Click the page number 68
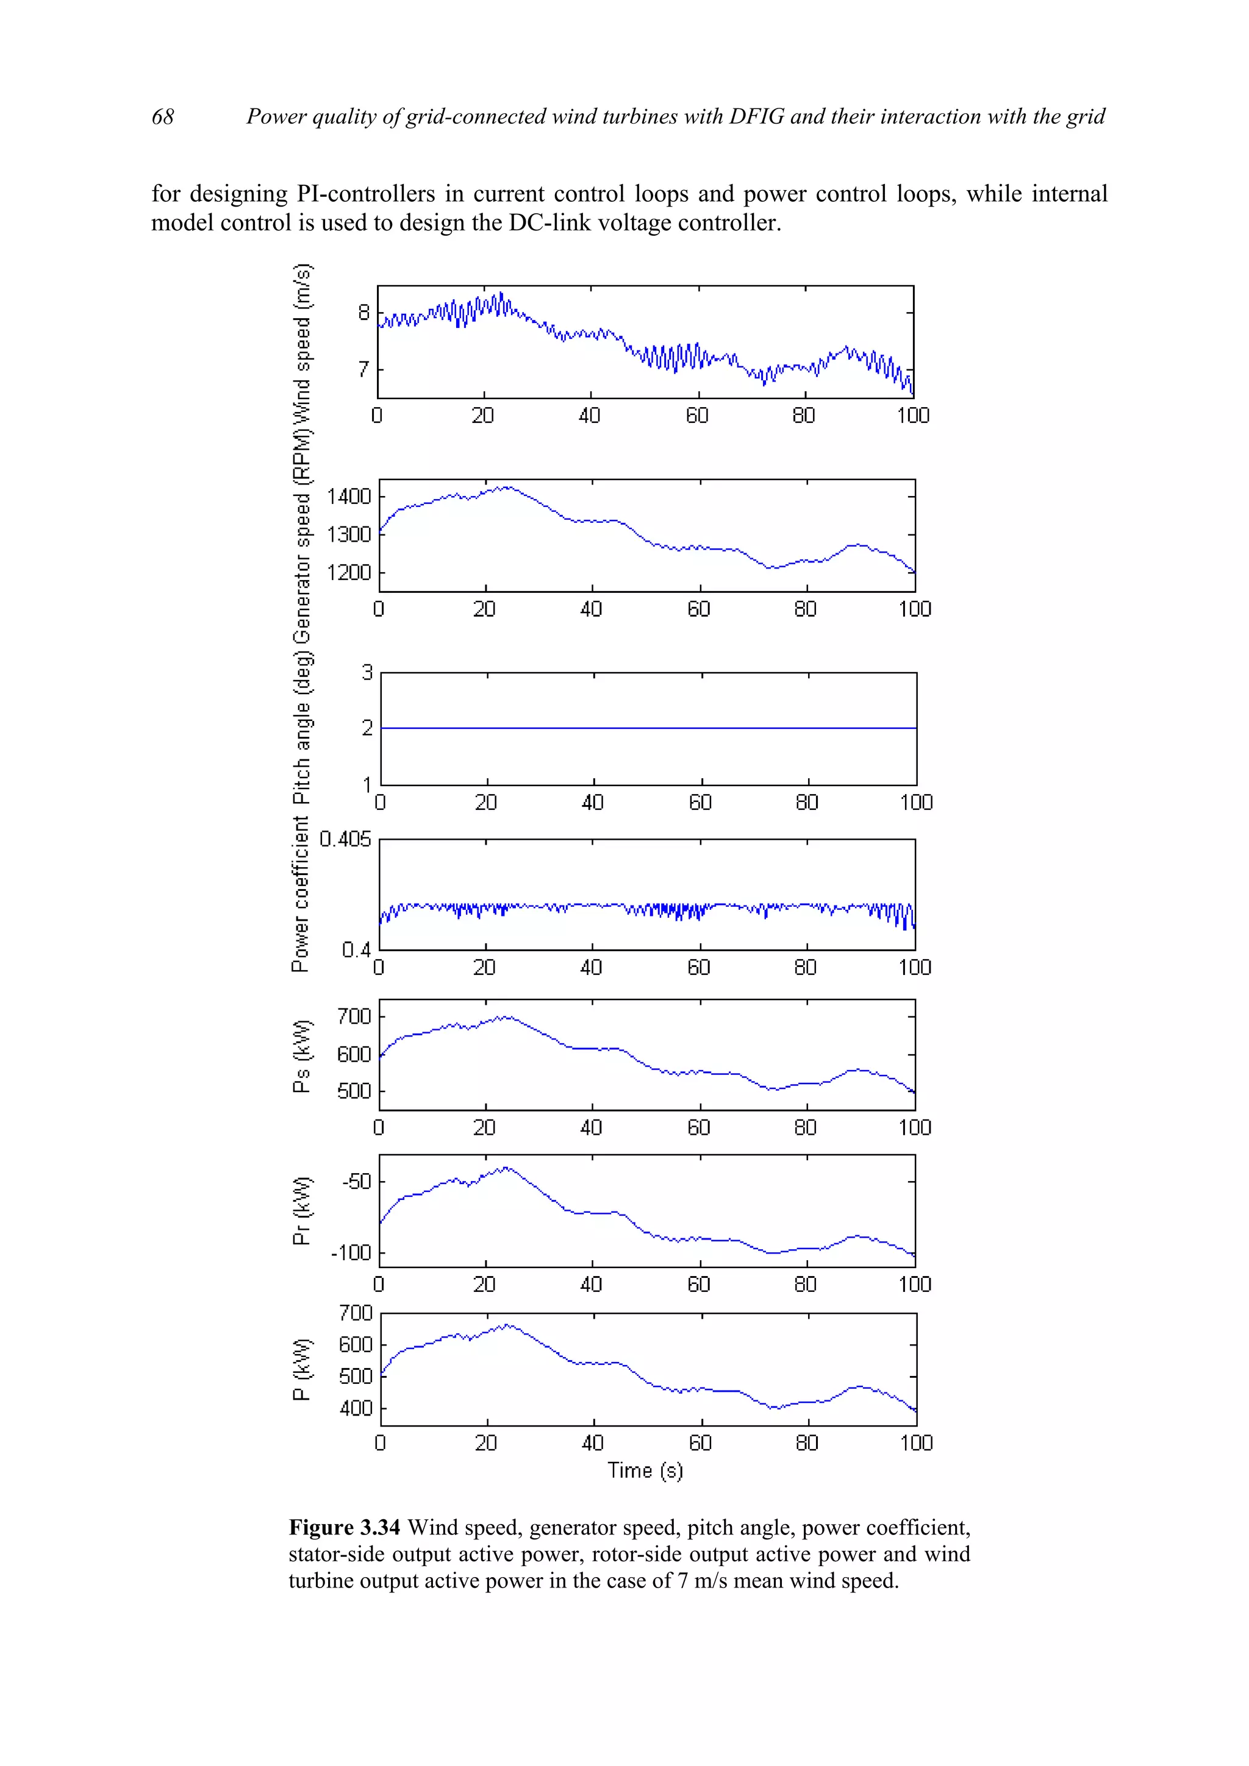pyautogui.click(x=162, y=116)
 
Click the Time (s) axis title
pyautogui.click(x=645, y=1470)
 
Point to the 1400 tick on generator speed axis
pyautogui.click(x=349, y=496)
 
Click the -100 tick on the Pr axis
pyautogui.click(x=351, y=1253)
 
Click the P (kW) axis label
pyautogui.click(x=302, y=1369)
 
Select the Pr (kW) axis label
pyautogui.click(x=302, y=1210)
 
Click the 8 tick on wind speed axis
pyautogui.click(x=363, y=312)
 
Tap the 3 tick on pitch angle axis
pyautogui.click(x=367, y=672)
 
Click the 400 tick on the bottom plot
pyautogui.click(x=356, y=1408)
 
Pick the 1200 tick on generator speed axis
pyautogui.click(x=349, y=572)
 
